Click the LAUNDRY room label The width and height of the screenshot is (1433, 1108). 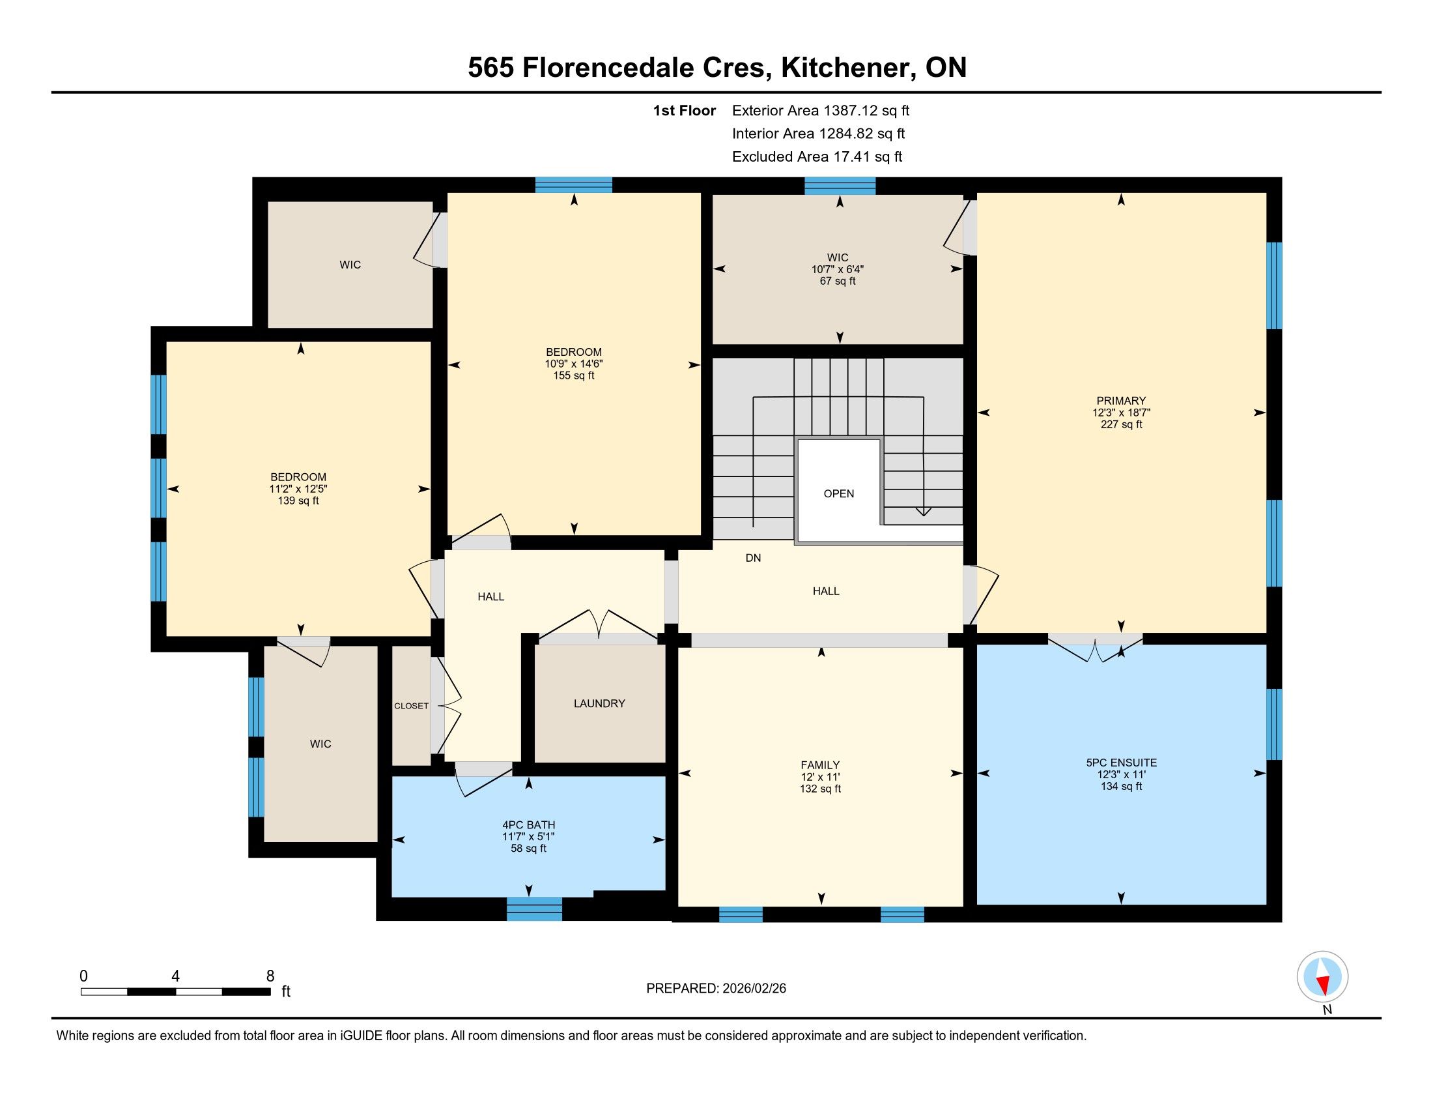click(x=599, y=703)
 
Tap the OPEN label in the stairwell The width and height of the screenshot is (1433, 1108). click(x=838, y=493)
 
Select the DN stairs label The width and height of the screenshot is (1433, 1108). click(x=753, y=558)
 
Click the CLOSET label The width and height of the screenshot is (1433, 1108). click(x=412, y=706)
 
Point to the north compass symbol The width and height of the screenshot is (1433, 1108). click(x=1322, y=977)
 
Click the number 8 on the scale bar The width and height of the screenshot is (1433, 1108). click(x=270, y=976)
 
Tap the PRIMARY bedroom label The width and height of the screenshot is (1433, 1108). click(x=1121, y=400)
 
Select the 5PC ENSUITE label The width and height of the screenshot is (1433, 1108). click(x=1122, y=763)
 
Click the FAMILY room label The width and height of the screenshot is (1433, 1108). click(x=820, y=765)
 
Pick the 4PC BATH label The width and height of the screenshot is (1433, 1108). click(x=529, y=825)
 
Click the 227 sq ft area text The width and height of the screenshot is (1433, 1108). click(x=1122, y=425)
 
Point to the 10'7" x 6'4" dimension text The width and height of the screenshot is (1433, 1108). click(x=838, y=269)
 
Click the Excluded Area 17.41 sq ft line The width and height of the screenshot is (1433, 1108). click(x=817, y=157)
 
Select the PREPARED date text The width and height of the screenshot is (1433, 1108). click(x=716, y=988)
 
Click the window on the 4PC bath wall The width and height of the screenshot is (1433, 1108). click(x=534, y=909)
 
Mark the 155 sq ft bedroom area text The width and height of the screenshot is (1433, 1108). click(x=573, y=376)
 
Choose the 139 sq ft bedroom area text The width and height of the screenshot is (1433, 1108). click(x=298, y=501)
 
